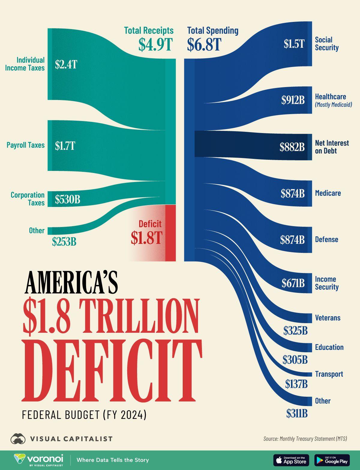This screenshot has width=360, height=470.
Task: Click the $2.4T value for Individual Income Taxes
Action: [x=66, y=64]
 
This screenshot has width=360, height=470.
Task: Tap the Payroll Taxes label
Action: [x=25, y=145]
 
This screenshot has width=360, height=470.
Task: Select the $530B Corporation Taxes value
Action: [x=67, y=199]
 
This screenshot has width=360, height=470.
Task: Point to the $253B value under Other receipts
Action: [x=64, y=241]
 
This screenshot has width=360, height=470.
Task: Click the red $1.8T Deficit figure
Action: [x=146, y=238]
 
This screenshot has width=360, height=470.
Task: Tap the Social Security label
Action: [x=326, y=44]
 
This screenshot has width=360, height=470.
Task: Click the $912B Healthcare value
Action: [x=293, y=100]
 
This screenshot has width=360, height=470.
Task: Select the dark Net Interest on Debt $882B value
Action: [x=292, y=147]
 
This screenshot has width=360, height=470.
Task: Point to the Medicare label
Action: [x=328, y=193]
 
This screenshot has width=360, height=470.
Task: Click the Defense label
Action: [x=326, y=239]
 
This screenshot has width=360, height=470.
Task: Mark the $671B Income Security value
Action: [x=293, y=283]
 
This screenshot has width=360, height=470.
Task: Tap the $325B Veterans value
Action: [x=295, y=331]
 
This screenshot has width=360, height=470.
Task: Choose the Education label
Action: [x=329, y=347]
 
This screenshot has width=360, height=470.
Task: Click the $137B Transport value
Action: [x=296, y=384]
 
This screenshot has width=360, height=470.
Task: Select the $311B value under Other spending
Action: [x=297, y=414]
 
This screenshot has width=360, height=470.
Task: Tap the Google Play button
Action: [x=332, y=460]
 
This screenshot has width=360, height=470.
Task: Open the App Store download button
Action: [x=291, y=460]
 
